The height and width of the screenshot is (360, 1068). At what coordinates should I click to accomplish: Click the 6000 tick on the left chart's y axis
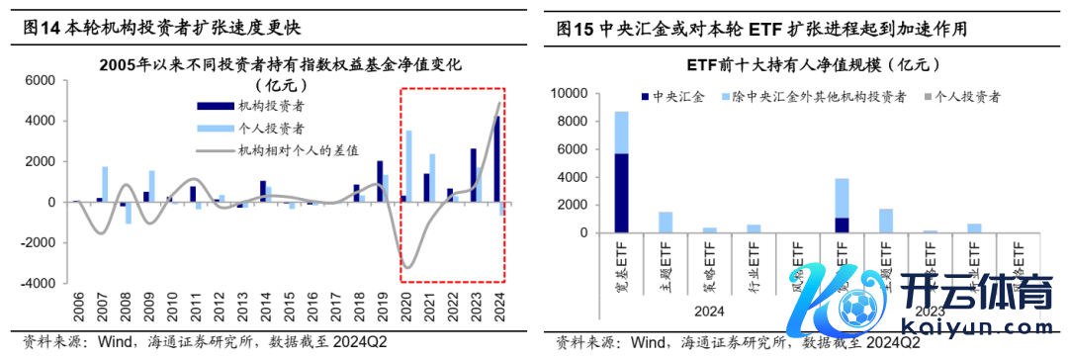(x=43, y=81)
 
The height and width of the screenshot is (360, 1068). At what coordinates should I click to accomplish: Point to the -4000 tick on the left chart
(x=40, y=283)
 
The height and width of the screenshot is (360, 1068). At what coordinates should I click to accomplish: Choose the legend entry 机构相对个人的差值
(x=294, y=150)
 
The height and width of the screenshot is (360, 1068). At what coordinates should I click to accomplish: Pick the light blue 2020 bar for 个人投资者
(x=408, y=166)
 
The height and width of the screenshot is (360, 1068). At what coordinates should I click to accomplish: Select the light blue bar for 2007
(x=105, y=184)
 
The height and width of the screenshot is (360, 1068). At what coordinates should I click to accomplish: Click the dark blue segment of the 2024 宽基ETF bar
(x=621, y=193)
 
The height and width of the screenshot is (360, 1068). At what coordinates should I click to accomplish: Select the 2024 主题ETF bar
(x=665, y=223)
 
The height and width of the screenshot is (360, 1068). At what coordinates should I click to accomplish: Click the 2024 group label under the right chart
(x=711, y=311)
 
